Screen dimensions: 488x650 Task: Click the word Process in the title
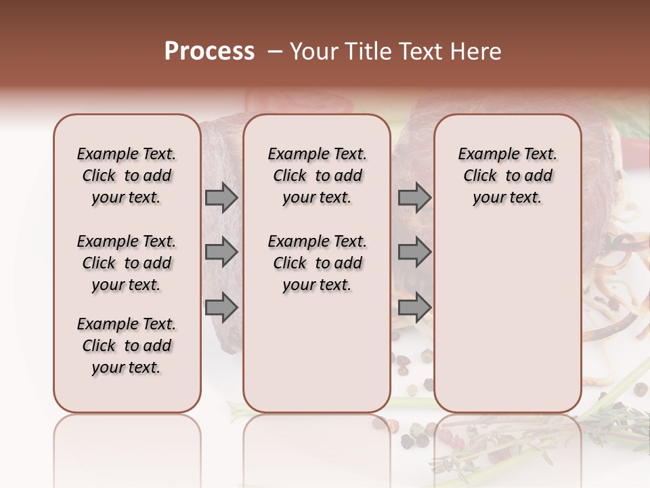209,52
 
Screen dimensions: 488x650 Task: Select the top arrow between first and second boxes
221,197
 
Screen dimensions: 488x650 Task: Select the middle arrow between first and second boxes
221,252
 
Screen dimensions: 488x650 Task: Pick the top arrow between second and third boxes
414,197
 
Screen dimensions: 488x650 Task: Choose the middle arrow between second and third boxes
414,252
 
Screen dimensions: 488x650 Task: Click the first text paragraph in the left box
127,176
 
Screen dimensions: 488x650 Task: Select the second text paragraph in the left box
127,263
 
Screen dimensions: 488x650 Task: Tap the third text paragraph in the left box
127,346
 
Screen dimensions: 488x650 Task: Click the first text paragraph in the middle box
318,176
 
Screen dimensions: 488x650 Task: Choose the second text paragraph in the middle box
318,263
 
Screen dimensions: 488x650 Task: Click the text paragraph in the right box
508,176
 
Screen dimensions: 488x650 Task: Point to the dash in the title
274,52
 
